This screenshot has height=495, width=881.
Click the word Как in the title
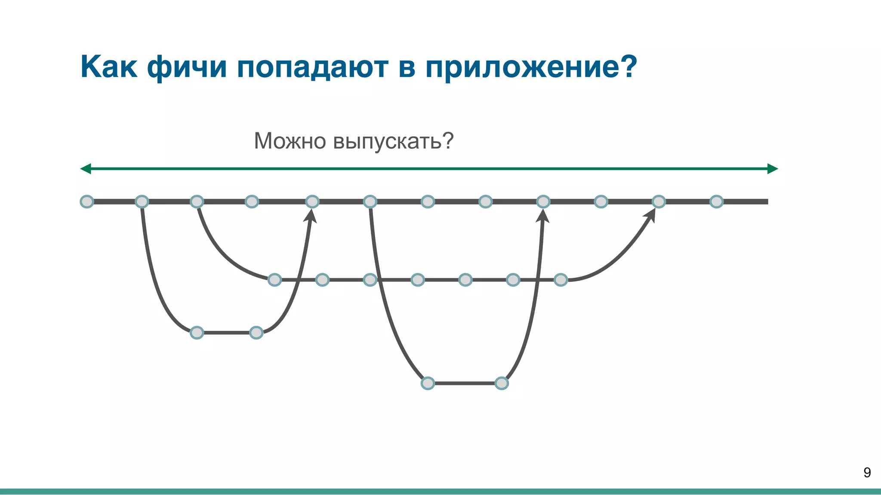click(x=109, y=67)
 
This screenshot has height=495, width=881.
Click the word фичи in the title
click(x=187, y=67)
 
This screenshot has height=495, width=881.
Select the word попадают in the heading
click(x=312, y=67)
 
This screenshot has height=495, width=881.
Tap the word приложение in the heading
click(x=523, y=67)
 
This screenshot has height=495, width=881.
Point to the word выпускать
click(x=387, y=141)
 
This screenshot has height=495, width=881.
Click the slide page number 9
click(x=867, y=473)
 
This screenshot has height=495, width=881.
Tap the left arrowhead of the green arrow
click(x=85, y=169)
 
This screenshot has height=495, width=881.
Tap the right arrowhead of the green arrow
click(x=773, y=169)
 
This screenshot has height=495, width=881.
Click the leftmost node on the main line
click(x=87, y=202)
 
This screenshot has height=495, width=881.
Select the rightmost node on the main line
click(x=716, y=202)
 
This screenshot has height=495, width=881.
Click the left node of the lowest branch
click(x=428, y=383)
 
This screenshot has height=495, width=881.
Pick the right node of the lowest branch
click(x=502, y=383)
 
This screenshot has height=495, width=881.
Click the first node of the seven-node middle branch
click(x=274, y=280)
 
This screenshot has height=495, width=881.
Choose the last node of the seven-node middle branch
click(x=561, y=280)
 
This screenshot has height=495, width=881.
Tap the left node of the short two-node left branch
click(x=197, y=333)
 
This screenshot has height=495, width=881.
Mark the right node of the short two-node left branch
click(x=256, y=333)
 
